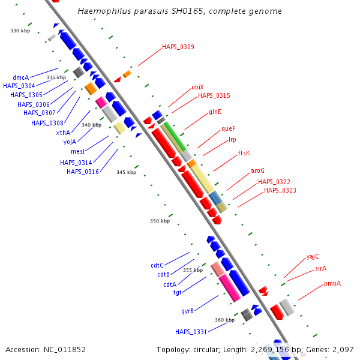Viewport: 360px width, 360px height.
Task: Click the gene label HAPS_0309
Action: (178, 47)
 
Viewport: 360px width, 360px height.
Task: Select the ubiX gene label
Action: (197, 87)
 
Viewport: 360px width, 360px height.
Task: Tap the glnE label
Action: (215, 112)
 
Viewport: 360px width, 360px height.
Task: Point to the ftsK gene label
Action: (244, 153)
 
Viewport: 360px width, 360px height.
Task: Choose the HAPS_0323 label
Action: (280, 190)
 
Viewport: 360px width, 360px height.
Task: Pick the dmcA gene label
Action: (20, 77)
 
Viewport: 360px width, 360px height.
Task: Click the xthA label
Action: (63, 133)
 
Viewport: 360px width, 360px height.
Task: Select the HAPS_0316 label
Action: (83, 172)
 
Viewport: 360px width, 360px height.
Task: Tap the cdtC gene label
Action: (157, 265)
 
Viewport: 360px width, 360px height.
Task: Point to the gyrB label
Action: (187, 311)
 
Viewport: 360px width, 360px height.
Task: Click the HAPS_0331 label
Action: (191, 332)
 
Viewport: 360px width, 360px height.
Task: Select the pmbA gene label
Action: (332, 283)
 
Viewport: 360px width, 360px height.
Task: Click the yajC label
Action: (313, 256)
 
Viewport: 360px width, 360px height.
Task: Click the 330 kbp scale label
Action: (20, 31)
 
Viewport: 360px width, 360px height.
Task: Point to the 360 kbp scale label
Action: (224, 320)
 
